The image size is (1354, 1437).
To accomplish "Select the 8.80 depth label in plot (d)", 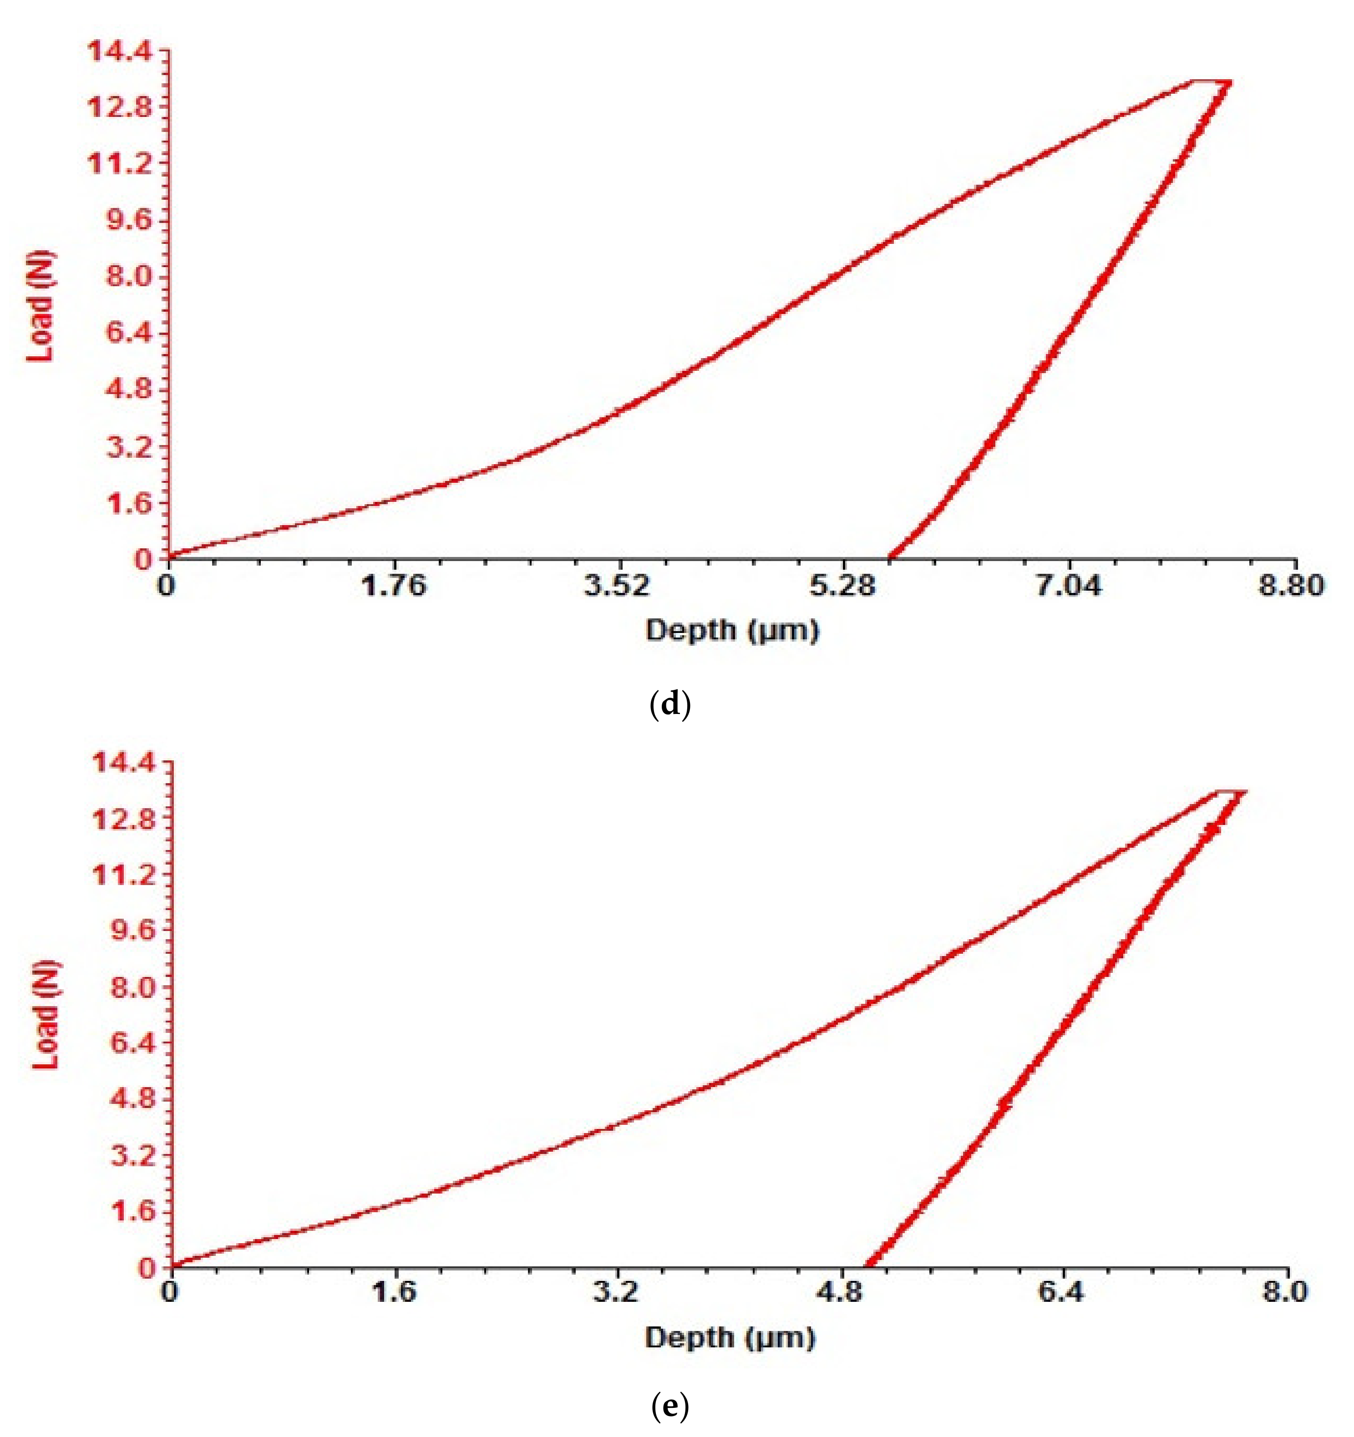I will (x=1293, y=585).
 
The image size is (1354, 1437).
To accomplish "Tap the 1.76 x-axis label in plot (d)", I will (x=394, y=585).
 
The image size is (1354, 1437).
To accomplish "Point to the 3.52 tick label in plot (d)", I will (x=619, y=585).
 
